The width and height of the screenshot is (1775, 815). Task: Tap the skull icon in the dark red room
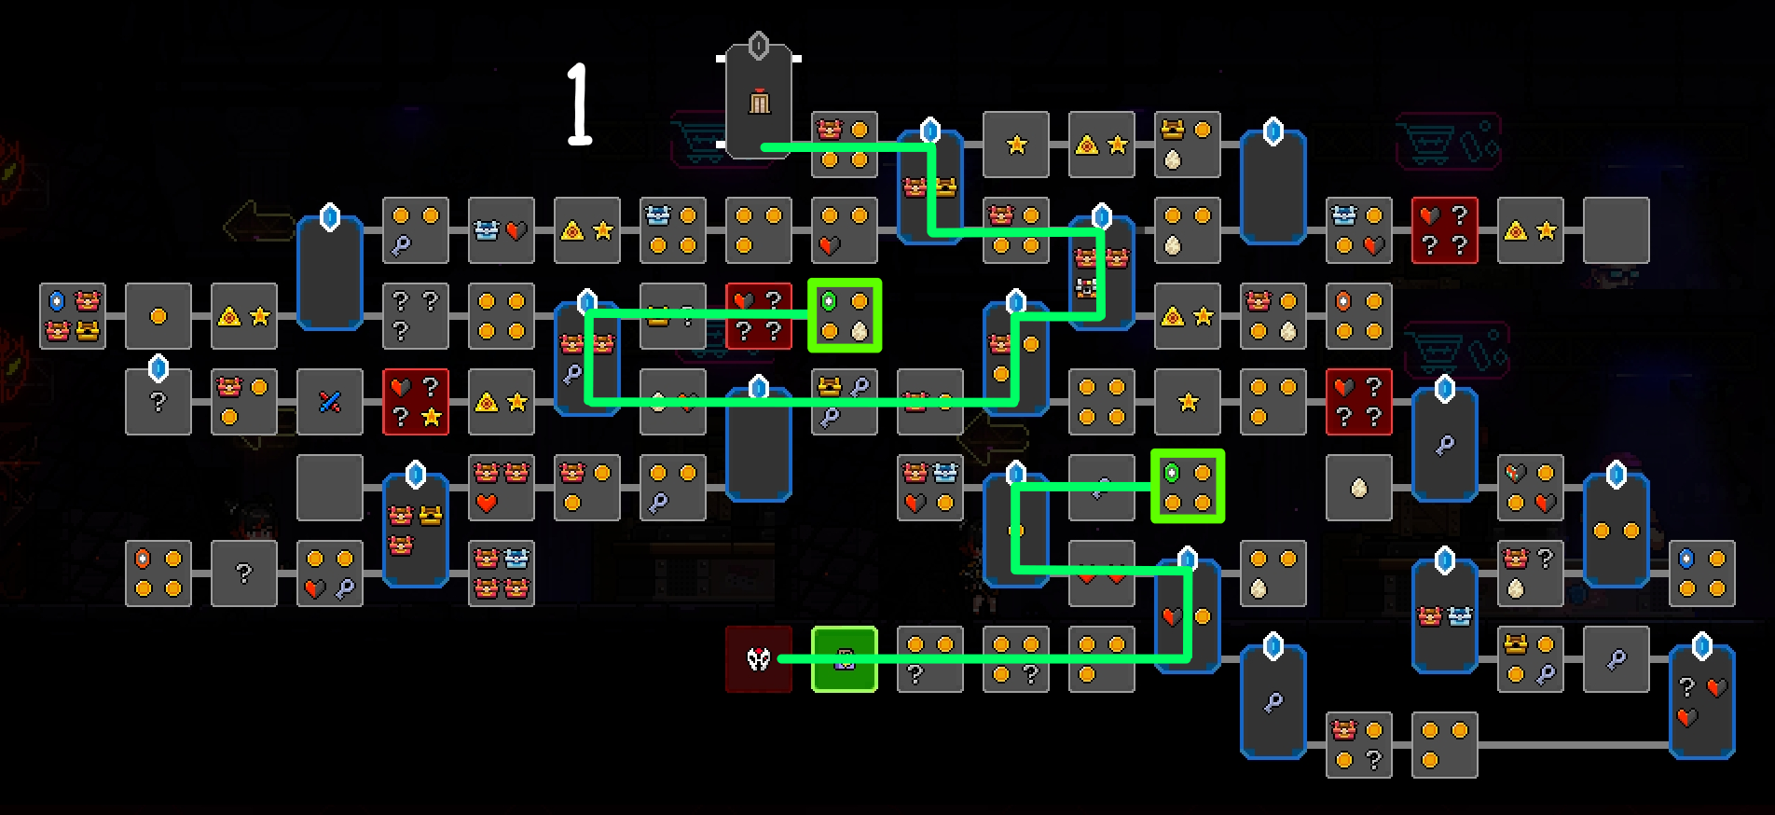tap(759, 659)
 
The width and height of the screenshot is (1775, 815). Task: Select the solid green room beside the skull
tap(845, 659)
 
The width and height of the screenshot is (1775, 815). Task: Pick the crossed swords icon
tap(330, 402)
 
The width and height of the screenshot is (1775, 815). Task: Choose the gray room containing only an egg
tap(1359, 488)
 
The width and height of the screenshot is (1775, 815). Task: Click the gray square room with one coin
tap(158, 316)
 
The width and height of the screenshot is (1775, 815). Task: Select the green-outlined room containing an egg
tap(845, 316)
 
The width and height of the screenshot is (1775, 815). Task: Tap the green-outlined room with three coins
tap(1188, 488)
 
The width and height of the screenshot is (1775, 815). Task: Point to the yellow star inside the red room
tap(432, 418)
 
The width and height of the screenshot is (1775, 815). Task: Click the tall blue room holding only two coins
tap(1617, 531)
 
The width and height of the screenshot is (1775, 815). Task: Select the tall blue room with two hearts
tap(1702, 701)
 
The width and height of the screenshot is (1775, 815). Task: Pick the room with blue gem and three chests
tap(73, 316)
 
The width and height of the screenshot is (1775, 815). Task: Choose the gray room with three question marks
tap(416, 316)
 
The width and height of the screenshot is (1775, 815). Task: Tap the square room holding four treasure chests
tap(502, 573)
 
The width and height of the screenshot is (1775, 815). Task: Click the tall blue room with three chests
tap(416, 531)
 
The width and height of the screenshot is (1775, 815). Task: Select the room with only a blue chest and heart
tap(502, 230)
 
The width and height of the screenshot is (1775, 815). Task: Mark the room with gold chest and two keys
tap(845, 402)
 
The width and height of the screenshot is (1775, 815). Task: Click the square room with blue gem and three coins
tap(1702, 573)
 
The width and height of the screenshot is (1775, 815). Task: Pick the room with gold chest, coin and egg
tap(1188, 145)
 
